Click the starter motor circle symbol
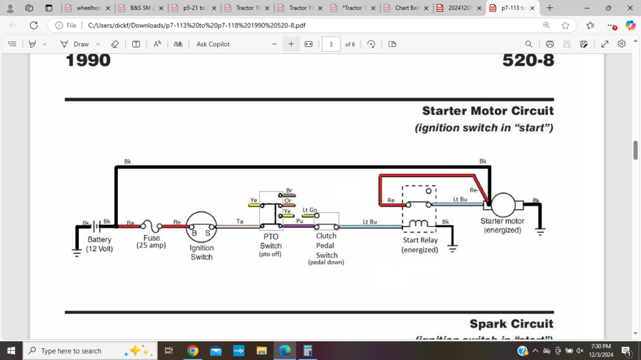click(x=503, y=205)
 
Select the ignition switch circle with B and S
click(x=202, y=227)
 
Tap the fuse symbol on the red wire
click(x=151, y=226)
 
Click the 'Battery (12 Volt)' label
click(x=100, y=244)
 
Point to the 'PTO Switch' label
click(x=270, y=241)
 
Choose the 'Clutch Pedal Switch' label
click(x=326, y=245)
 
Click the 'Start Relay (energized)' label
click(x=420, y=245)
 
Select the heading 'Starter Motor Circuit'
click(x=488, y=111)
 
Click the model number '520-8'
click(x=528, y=61)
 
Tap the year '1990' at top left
click(x=88, y=61)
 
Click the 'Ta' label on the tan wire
click(x=239, y=221)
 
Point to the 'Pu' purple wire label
click(x=299, y=221)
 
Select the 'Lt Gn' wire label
click(x=309, y=210)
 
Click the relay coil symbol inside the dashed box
click(x=419, y=224)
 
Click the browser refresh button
click(x=33, y=26)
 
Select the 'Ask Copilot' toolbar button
click(x=213, y=44)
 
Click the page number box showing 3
click(x=331, y=44)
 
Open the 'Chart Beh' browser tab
click(x=406, y=8)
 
